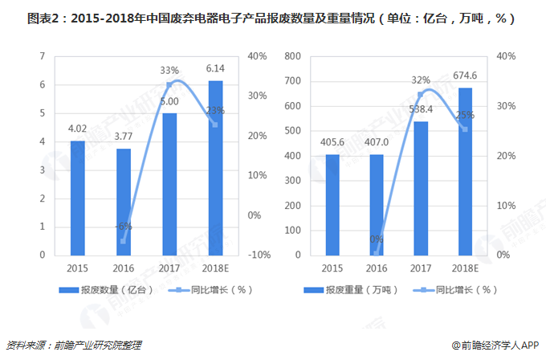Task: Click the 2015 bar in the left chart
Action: [77, 198]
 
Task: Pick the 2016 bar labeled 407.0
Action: [376, 204]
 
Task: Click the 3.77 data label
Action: [123, 137]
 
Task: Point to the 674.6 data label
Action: [466, 76]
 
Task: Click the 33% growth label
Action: [170, 70]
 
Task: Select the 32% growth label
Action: [421, 80]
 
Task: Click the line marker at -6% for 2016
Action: [124, 240]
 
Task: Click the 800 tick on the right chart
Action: [295, 56]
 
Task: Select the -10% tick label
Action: [259, 255]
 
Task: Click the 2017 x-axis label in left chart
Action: [169, 268]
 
